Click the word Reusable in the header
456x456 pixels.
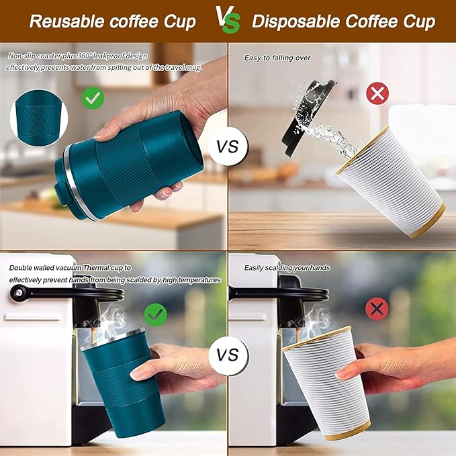tap(67, 21)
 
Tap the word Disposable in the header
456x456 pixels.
tap(295, 21)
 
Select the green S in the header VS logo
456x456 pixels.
tap(232, 24)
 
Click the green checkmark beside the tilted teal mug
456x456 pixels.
tap(93, 98)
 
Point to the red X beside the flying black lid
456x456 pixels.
tap(377, 93)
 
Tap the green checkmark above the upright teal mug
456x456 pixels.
tap(156, 315)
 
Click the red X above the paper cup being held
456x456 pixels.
tap(377, 309)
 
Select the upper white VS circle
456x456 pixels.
tap(228, 146)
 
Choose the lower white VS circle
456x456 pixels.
tap(228, 355)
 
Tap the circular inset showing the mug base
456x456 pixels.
tap(39, 118)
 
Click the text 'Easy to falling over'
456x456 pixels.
tap(277, 58)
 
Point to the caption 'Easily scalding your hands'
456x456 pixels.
tap(287, 268)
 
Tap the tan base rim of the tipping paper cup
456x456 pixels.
tap(428, 222)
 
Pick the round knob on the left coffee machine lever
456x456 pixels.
tap(17, 292)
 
